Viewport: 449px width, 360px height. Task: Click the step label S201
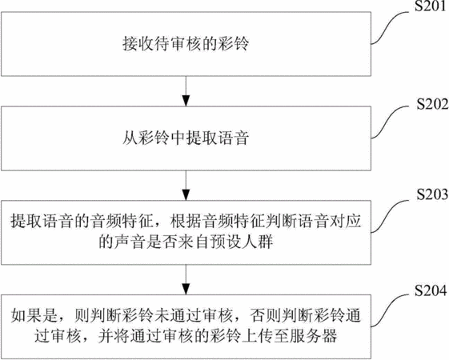click(431, 6)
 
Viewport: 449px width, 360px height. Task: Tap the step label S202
click(432, 104)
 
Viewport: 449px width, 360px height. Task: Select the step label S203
click(432, 194)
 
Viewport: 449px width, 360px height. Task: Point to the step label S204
click(431, 290)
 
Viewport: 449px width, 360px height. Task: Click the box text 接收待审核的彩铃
click(186, 44)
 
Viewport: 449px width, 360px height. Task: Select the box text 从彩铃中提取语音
click(186, 138)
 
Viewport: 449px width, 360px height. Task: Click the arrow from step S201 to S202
click(186, 91)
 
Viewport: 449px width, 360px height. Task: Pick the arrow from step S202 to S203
click(186, 186)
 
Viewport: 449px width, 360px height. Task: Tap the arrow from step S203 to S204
click(186, 279)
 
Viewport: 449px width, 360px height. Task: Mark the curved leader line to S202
click(390, 122)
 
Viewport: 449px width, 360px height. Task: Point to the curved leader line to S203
click(390, 215)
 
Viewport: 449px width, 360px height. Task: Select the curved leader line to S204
click(390, 310)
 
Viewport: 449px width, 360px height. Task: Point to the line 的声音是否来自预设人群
click(186, 242)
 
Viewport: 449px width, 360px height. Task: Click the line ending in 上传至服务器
click(186, 336)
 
